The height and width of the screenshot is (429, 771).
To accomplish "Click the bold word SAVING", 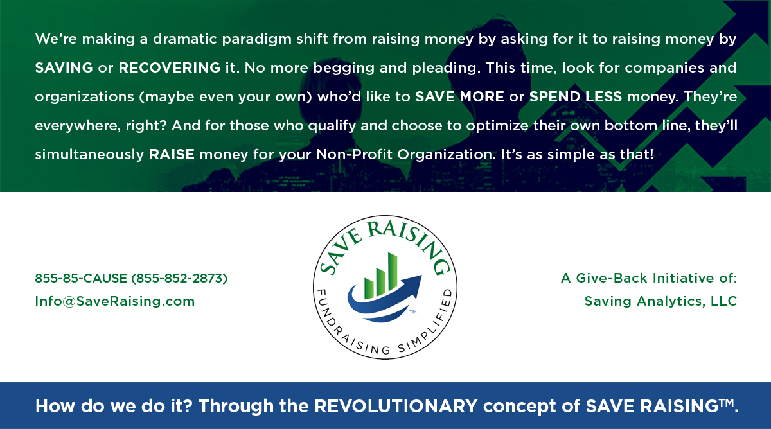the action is pos(64,68).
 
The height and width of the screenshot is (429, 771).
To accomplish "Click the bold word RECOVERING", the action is pos(170,68).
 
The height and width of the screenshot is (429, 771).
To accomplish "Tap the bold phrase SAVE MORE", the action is pos(459,97).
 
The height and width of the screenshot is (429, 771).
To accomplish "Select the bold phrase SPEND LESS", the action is pos(576,97).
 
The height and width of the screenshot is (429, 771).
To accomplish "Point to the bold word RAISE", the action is pos(172,155).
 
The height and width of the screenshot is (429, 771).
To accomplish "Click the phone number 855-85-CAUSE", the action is pos(81,278).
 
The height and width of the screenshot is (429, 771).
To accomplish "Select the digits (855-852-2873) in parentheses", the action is pos(179,278).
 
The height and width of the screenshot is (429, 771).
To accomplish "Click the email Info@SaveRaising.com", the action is pos(115,301).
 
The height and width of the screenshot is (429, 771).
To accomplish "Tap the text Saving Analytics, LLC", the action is pos(661,301).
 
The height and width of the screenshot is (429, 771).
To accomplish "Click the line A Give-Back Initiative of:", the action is pos(649,278).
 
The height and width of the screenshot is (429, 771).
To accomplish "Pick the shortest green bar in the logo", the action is pos(369,288).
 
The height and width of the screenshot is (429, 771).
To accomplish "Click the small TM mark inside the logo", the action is pos(413,312).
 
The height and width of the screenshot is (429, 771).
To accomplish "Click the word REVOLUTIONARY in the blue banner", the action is pos(396,406).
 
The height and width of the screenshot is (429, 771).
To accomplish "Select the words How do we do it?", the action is pos(114,406).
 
